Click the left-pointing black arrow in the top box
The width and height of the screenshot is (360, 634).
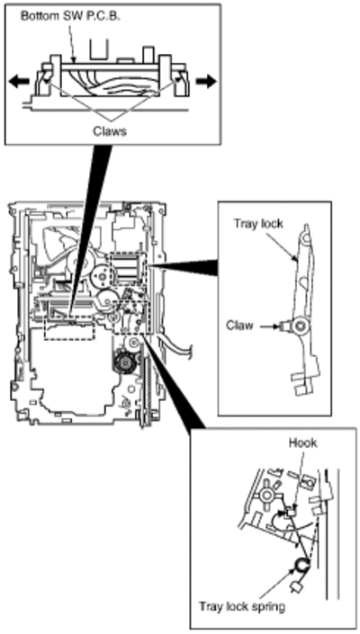[19, 81]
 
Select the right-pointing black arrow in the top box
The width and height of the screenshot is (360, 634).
[206, 81]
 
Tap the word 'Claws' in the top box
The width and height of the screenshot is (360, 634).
[109, 131]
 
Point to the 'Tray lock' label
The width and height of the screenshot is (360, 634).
[258, 225]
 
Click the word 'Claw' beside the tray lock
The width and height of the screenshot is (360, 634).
[239, 325]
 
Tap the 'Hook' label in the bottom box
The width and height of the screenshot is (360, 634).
[303, 443]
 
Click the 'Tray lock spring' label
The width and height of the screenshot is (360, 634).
[242, 606]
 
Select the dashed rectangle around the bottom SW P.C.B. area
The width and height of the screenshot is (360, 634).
[69, 328]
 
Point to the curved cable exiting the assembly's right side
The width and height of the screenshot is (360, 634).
[179, 343]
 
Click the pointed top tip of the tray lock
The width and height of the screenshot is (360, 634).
[307, 224]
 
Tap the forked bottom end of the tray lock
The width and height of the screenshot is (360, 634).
[303, 383]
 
